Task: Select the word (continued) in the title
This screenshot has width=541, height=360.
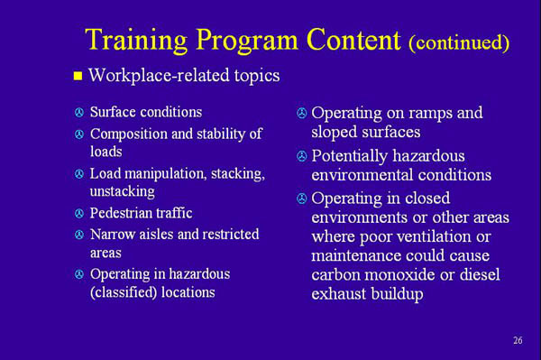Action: click(x=459, y=42)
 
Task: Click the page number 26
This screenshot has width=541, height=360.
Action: click(x=517, y=340)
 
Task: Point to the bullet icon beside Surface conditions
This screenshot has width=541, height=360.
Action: click(x=78, y=114)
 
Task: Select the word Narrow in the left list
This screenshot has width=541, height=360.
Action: click(x=111, y=235)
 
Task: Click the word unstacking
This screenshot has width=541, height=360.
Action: click(x=122, y=191)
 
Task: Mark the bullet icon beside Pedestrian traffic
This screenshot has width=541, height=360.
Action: click(x=78, y=215)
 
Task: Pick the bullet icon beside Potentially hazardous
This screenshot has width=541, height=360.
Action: click(x=301, y=157)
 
